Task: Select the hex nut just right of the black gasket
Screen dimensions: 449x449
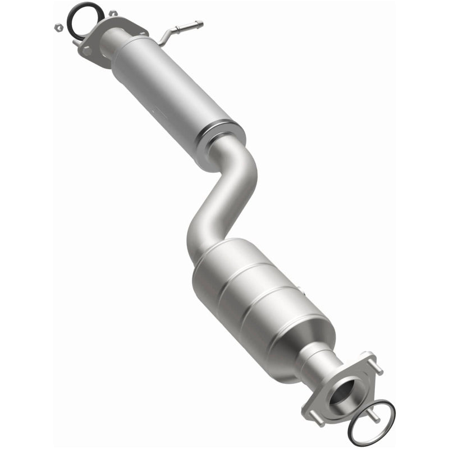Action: point(113,13)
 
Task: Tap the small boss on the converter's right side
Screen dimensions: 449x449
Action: point(304,292)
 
